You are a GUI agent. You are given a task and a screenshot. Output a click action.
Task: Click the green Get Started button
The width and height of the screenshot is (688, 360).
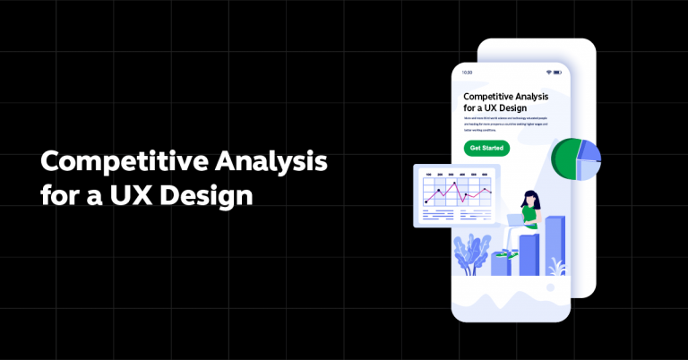click(486, 148)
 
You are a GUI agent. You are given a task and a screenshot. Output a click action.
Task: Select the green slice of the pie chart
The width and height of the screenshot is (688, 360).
click(565, 160)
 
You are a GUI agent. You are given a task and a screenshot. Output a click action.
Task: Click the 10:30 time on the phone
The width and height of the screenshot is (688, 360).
click(467, 73)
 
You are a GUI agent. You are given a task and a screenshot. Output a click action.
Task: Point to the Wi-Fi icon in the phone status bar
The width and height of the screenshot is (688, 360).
click(547, 73)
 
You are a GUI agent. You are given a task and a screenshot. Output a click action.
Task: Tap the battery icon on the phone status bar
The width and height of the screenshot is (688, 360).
click(558, 73)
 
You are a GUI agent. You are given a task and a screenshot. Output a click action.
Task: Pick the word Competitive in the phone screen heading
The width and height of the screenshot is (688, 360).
click(491, 96)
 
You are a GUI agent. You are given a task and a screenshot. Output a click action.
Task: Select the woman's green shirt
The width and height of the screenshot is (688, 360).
click(530, 216)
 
